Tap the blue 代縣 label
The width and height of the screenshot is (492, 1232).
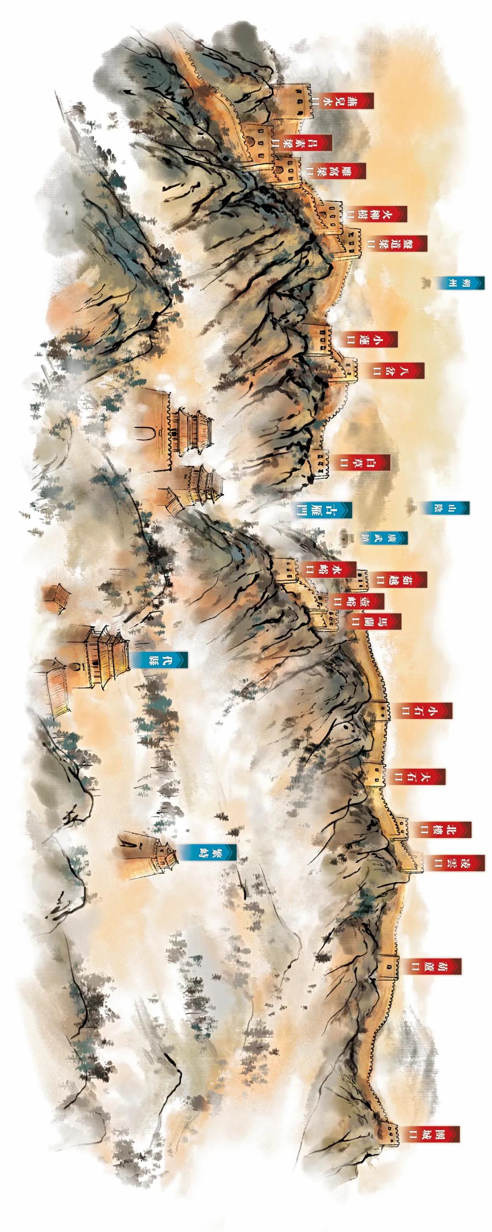pos(160,659)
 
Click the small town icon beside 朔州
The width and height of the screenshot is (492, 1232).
pos(424,282)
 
